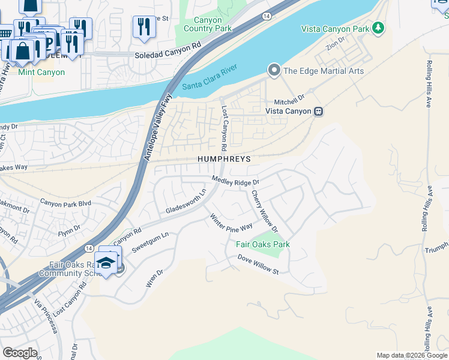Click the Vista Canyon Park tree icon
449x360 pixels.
[x=378, y=28]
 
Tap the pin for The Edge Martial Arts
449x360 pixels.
[x=274, y=71]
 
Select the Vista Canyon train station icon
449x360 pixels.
[x=319, y=111]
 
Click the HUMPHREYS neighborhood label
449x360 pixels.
[x=223, y=159]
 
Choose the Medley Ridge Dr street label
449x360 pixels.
[x=236, y=181]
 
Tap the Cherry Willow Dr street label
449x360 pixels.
[x=265, y=211]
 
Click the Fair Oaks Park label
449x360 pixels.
[x=262, y=244]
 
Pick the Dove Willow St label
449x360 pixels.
[x=258, y=265]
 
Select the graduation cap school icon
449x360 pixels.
[x=106, y=263]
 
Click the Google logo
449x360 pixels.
[x=19, y=353]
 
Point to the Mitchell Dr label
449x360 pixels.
[x=290, y=95]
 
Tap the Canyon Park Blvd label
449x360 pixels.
[x=65, y=203]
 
